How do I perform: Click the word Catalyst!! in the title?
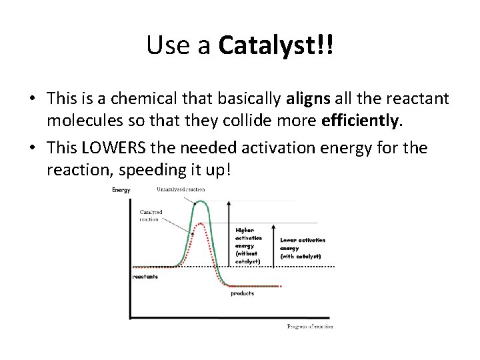275,46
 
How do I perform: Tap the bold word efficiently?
362,121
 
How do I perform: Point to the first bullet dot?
32,100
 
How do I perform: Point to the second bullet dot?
32,148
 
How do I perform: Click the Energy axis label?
121,190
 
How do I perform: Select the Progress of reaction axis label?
309,326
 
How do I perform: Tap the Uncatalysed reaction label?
181,189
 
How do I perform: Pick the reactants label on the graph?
145,276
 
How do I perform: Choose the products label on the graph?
242,293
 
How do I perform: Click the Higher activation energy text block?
249,245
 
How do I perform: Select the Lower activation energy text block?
302,248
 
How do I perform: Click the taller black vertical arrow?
229,233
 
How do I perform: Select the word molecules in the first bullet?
81,122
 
